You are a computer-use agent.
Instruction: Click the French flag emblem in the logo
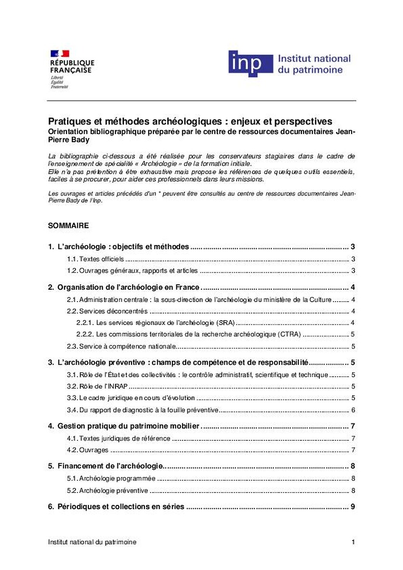tap(59, 54)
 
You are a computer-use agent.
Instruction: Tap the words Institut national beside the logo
tap(314, 59)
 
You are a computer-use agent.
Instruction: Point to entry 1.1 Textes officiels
tap(96, 259)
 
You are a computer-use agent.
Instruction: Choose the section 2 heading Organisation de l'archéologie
tap(128, 287)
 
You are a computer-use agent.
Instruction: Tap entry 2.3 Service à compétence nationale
tap(122, 346)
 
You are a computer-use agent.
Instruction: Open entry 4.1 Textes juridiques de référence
tap(118, 438)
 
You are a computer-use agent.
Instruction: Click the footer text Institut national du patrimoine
tap(92, 542)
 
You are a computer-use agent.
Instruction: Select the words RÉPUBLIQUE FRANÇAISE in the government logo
tap(72, 66)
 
